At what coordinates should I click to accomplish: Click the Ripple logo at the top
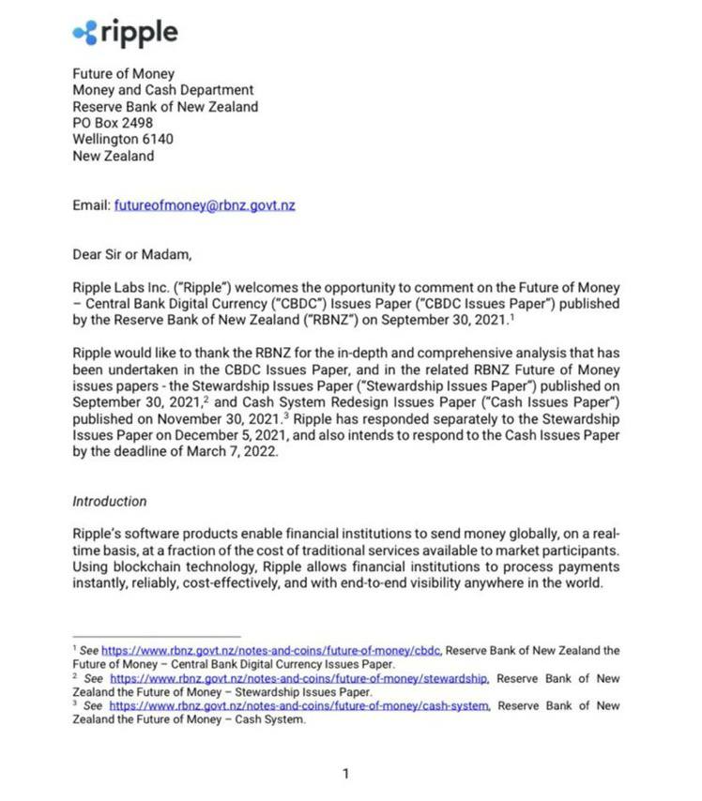(125, 33)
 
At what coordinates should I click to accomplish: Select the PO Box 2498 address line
(113, 123)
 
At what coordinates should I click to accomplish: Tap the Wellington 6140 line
(123, 140)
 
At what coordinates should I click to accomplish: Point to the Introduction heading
(110, 501)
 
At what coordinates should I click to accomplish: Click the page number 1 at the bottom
(345, 773)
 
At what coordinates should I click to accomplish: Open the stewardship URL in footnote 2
(299, 677)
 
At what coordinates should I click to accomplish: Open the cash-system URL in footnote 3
(299, 705)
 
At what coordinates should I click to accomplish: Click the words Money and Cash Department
(163, 90)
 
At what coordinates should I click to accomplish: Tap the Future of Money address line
(123, 73)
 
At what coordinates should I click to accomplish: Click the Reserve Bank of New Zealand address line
(165, 107)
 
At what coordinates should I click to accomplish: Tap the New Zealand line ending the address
(113, 157)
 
